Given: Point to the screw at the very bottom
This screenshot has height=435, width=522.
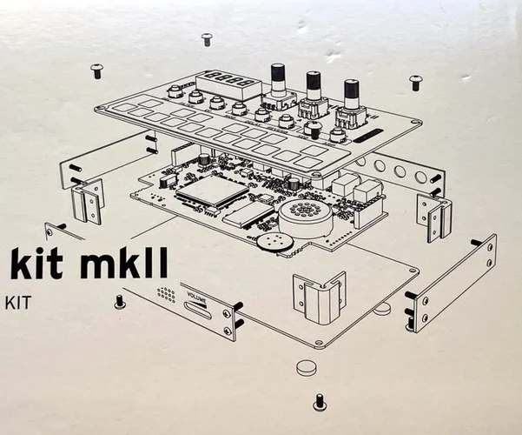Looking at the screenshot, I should (x=319, y=401).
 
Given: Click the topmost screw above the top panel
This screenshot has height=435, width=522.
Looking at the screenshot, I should (x=207, y=38).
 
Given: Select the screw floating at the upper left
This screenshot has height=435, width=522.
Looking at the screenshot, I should (x=96, y=67).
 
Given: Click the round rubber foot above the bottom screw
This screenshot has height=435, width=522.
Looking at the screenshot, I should (x=306, y=367).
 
